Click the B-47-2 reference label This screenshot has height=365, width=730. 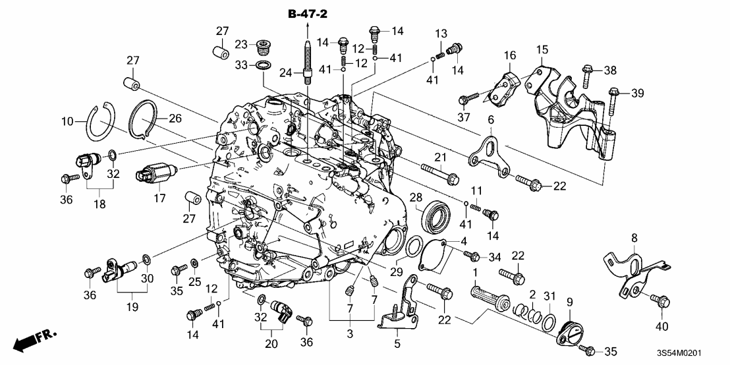click(308, 13)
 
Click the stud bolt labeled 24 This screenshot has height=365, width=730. click(308, 63)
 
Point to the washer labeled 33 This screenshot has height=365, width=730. click(264, 66)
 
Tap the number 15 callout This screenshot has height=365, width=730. click(542, 50)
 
